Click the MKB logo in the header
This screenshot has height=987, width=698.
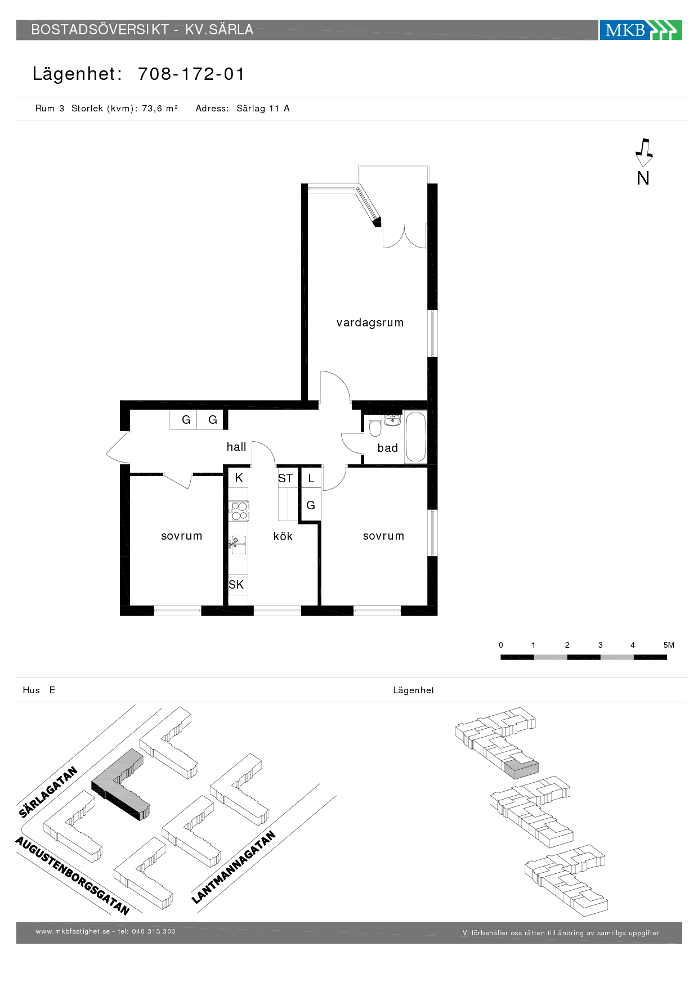pos(641,30)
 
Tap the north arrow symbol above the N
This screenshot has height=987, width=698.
pos(643,152)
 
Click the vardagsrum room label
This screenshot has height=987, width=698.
pos(370,323)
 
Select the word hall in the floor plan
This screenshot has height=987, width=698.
pos(236,447)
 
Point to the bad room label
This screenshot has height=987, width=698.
pos(388,448)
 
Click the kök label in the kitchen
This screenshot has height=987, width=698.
pos(283,536)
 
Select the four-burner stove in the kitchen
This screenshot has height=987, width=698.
pos(239,512)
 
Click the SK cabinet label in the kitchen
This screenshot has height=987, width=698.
pos(236,585)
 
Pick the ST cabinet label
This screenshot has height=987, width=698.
pos(285,478)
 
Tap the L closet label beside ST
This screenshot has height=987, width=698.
pos(311,479)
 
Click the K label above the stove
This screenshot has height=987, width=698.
pos(239,478)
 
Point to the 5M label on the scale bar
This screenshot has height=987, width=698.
pos(669,645)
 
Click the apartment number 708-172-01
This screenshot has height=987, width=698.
pos(191,74)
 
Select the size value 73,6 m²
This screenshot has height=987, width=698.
pos(160,109)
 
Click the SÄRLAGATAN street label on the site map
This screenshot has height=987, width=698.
pos(48,792)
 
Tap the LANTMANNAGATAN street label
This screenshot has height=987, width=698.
pos(234,867)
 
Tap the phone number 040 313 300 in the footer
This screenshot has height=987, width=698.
pos(154,931)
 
